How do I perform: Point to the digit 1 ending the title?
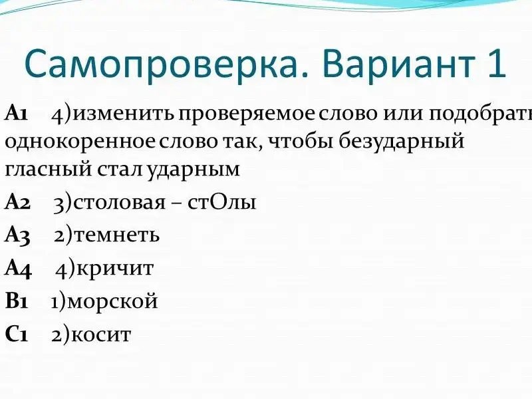pos(497,63)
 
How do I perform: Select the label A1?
pos(16,113)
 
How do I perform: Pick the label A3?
pos(17,235)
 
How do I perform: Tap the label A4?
pos(18,268)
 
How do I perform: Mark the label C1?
pos(16,334)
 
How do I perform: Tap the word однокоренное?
pos(80,142)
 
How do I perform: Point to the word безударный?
pos(402,140)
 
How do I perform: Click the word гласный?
pos(48,169)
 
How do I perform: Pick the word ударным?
pos(194,168)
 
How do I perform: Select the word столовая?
pos(119,202)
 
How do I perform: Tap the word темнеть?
pos(117,235)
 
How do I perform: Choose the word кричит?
pos(115,269)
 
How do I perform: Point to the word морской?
pos(112,301)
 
